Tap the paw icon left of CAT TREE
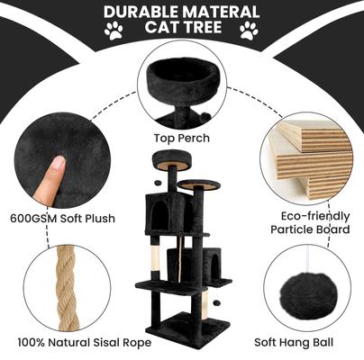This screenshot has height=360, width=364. (x=115, y=33)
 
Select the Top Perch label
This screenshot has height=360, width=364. (x=181, y=139)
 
